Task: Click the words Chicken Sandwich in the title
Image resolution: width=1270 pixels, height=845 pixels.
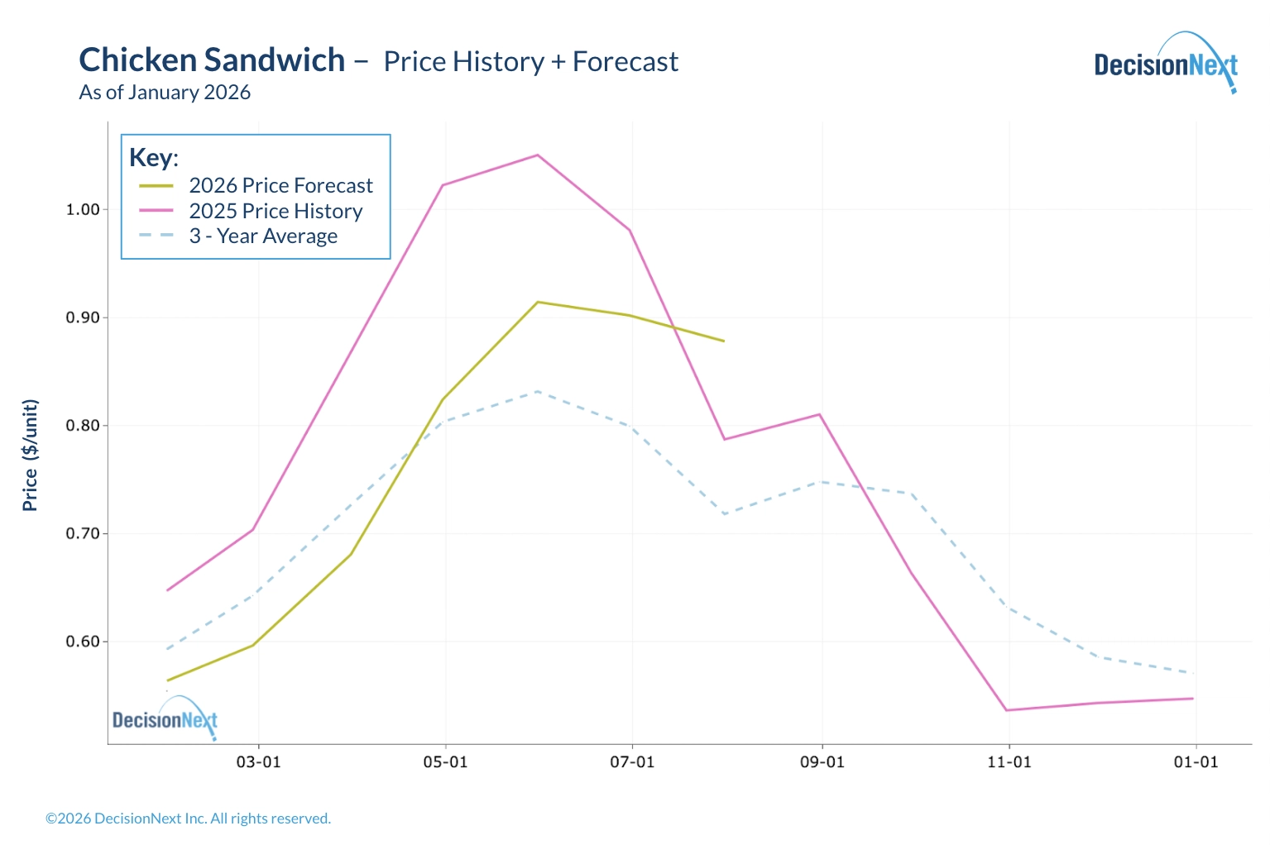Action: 212,60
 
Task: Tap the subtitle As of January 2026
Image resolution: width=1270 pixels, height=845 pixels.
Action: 165,93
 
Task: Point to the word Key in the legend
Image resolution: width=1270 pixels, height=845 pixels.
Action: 152,157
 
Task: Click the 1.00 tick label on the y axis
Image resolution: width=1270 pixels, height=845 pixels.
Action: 83,210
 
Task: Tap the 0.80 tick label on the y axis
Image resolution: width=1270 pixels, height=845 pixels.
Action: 83,426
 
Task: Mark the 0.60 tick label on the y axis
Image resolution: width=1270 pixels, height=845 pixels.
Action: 83,642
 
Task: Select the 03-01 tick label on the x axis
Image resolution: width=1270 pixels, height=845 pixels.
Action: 259,761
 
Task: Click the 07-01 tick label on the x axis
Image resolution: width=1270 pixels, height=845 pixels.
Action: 633,761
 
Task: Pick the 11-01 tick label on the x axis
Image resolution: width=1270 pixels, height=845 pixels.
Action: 1009,761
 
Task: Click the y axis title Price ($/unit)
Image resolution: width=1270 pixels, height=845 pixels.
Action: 31,456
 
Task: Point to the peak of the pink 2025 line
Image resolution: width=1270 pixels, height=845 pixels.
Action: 538,155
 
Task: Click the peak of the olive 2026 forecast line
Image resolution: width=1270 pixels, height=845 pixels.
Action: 538,302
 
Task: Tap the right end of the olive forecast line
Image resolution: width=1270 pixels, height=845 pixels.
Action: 724,341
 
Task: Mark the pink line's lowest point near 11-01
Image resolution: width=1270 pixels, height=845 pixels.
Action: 1006,710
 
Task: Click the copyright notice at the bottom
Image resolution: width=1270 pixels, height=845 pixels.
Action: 188,819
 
